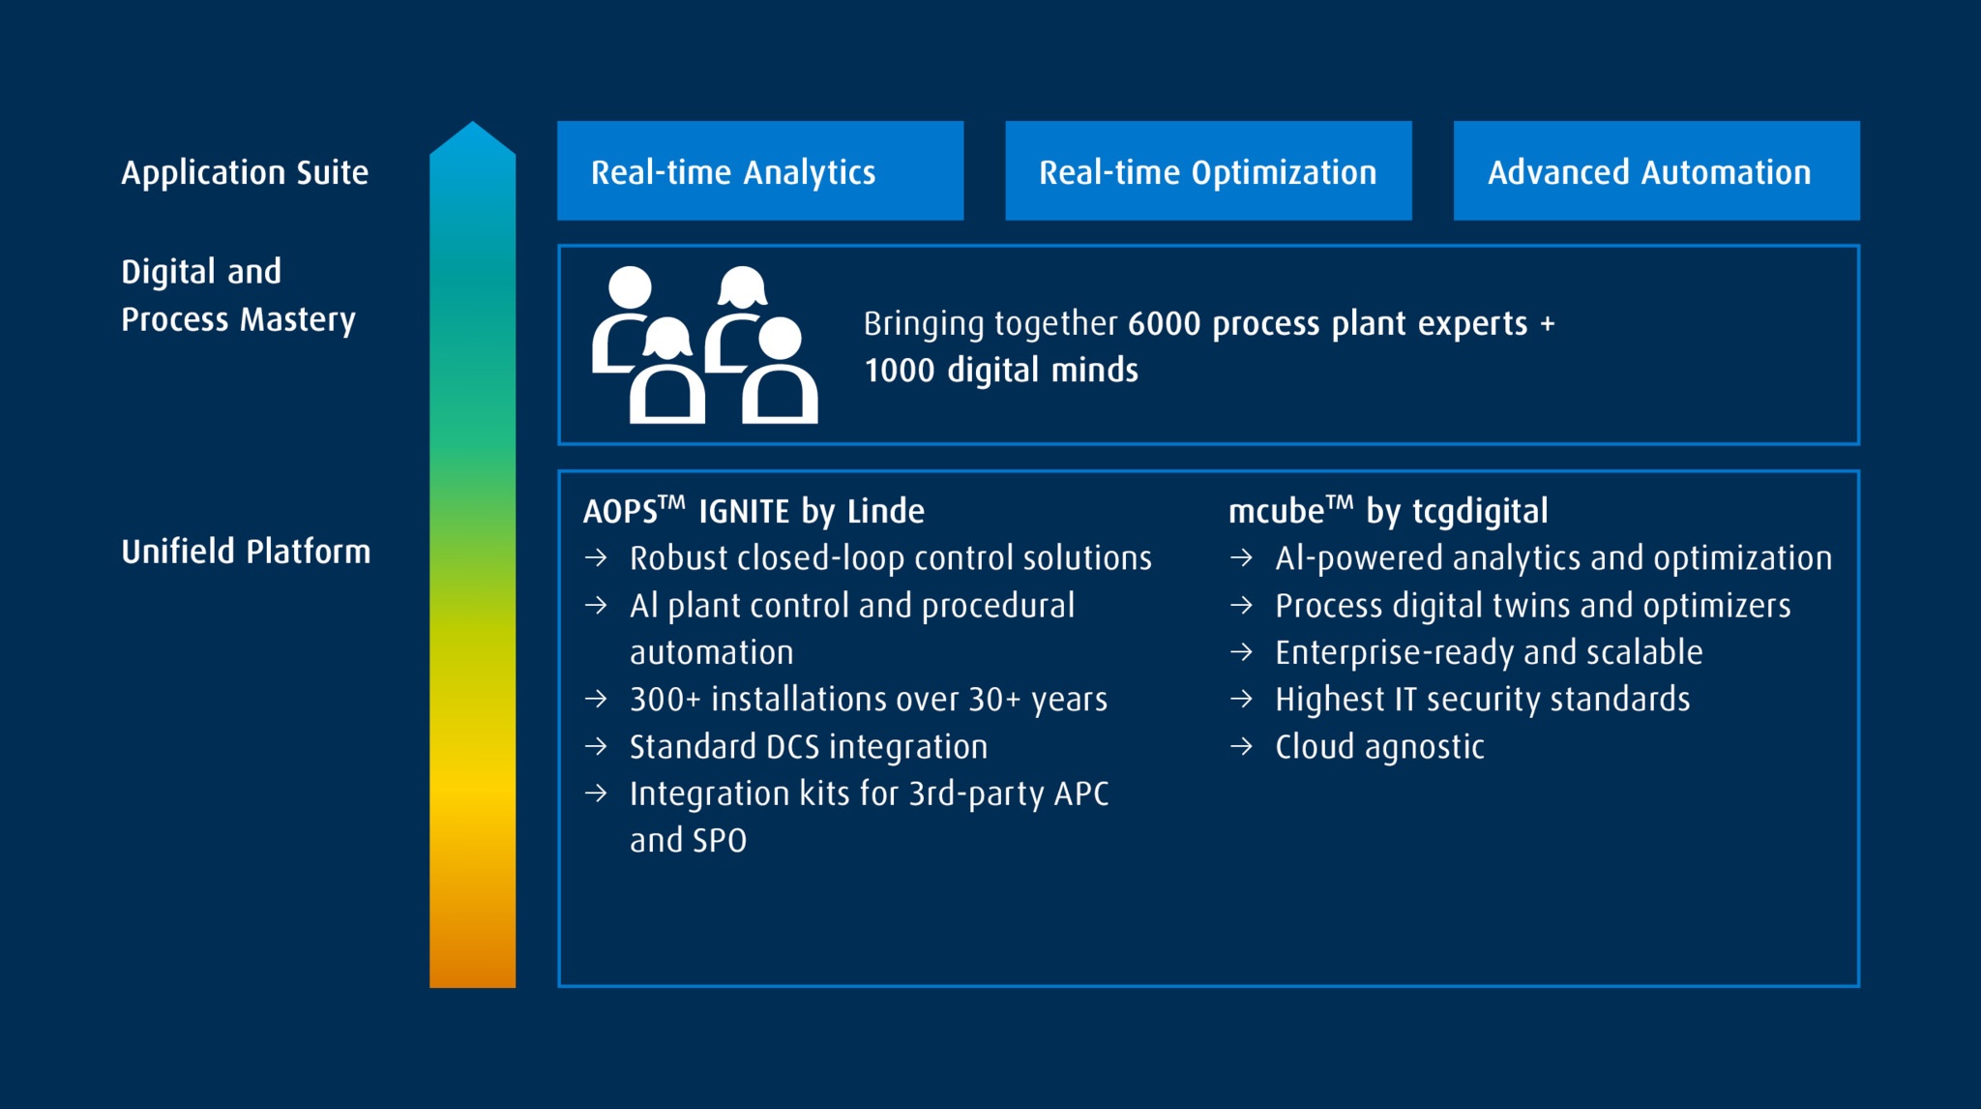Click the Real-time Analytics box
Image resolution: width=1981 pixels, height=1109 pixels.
click(x=760, y=170)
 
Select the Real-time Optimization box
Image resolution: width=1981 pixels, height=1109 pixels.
click(x=1208, y=170)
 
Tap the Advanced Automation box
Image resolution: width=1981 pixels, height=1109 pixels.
click(x=1656, y=170)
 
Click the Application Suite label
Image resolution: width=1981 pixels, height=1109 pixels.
click(x=245, y=173)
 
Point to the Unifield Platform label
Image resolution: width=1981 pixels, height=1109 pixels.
click(x=246, y=552)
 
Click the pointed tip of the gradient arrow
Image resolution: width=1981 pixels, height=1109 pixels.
click(x=472, y=123)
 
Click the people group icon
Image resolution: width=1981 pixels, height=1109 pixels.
click(x=704, y=345)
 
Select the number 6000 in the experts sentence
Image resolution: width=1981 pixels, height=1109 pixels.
click(x=1165, y=323)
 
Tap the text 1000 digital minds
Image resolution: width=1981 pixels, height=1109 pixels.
click(x=1001, y=370)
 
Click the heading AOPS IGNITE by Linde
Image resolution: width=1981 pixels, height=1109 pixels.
click(x=754, y=510)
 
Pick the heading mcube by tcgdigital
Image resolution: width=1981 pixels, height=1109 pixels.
click(x=1388, y=510)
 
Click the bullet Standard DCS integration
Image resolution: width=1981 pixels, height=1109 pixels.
click(x=809, y=746)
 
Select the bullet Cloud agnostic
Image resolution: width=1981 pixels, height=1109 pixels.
click(x=1379, y=746)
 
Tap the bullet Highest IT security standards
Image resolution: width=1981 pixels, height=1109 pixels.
click(x=1483, y=699)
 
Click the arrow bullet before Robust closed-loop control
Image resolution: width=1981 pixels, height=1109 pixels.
click(x=596, y=557)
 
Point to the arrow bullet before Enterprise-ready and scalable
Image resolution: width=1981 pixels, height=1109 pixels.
click(x=1241, y=652)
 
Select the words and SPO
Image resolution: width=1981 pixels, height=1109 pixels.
click(x=688, y=840)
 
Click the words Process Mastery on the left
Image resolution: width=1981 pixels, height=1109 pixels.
click(x=238, y=319)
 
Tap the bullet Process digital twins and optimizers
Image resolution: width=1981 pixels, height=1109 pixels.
click(x=1533, y=606)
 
